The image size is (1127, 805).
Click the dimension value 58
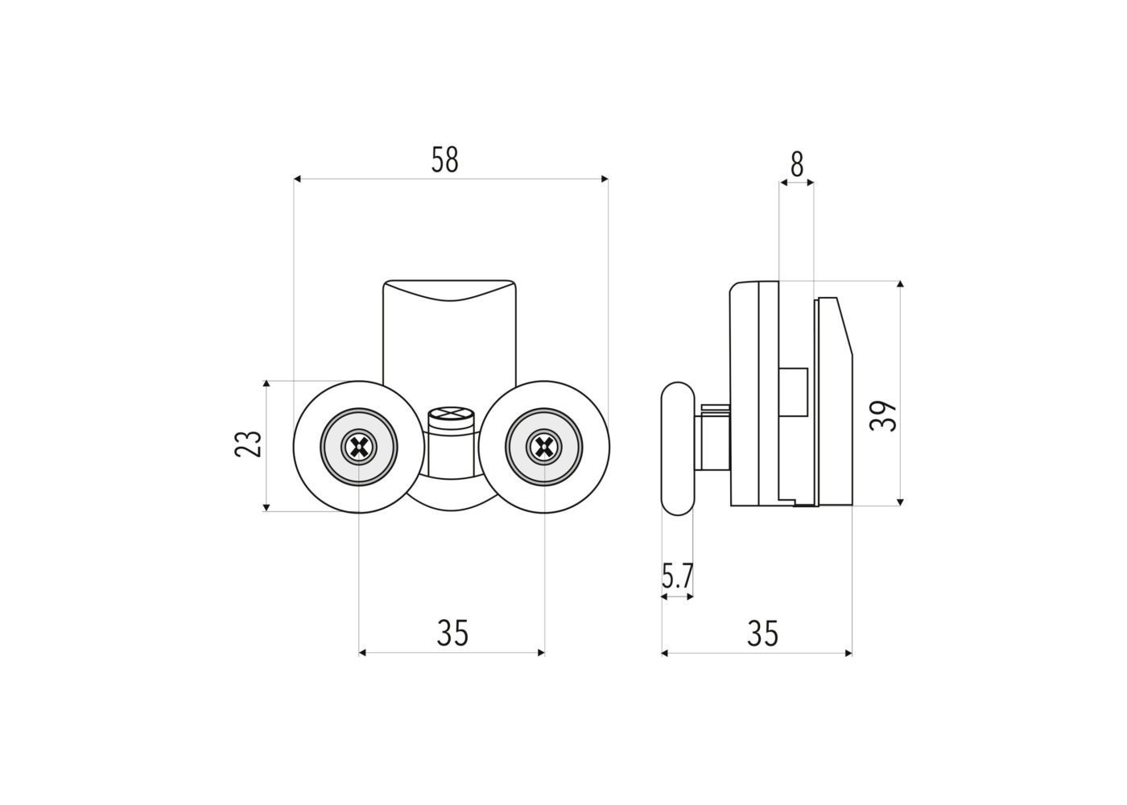[x=444, y=160]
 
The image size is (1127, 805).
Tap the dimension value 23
[x=249, y=444]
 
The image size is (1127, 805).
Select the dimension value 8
[x=797, y=164]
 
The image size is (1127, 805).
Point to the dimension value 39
[x=883, y=416]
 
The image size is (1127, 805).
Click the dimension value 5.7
[x=677, y=576]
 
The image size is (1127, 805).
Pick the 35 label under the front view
[x=452, y=633]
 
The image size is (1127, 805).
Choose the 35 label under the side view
[x=763, y=633]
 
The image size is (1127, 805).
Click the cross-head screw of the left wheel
[x=359, y=446]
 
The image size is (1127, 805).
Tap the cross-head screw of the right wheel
[x=544, y=446]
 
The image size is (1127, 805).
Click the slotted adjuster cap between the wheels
[x=452, y=418]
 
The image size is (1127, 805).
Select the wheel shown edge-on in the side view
[x=678, y=448]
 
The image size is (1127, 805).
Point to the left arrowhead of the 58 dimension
[x=297, y=179]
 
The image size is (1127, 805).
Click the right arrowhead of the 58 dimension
[x=605, y=179]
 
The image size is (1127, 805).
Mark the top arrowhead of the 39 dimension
[x=900, y=284]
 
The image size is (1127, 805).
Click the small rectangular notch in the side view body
[x=794, y=392]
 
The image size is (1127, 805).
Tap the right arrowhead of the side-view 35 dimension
[x=848, y=653]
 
